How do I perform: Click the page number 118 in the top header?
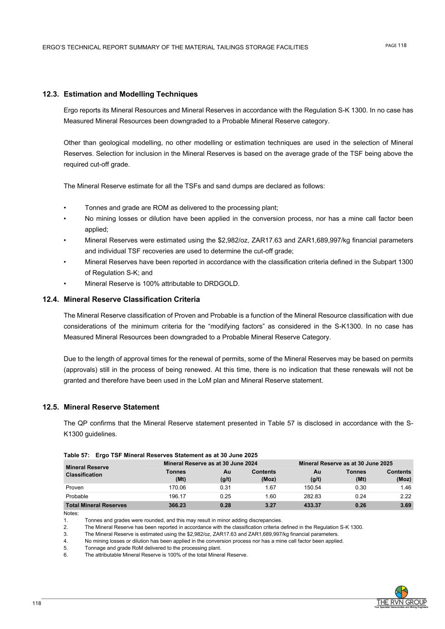(x=402, y=45)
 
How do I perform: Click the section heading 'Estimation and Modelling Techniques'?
(x=130, y=94)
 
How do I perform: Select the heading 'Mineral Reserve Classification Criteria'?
(x=132, y=300)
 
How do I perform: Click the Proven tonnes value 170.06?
(x=177, y=487)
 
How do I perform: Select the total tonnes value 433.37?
(x=312, y=506)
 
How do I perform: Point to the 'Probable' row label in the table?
(x=77, y=496)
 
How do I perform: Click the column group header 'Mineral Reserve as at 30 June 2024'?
(x=211, y=463)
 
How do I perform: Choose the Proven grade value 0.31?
(x=225, y=487)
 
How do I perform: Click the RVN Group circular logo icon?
(x=401, y=592)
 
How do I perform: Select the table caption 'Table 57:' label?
(x=76, y=455)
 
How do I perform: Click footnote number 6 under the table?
(x=65, y=555)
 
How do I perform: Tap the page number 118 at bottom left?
(x=37, y=604)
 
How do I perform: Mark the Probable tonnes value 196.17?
(x=177, y=496)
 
